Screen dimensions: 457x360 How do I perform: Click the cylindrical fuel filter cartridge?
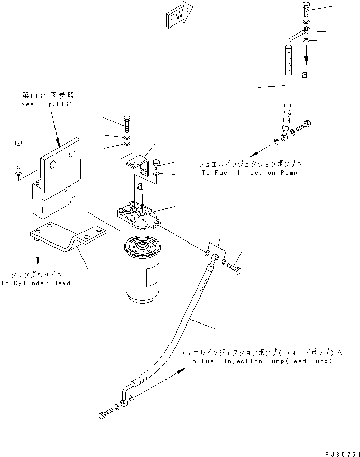point(142,273)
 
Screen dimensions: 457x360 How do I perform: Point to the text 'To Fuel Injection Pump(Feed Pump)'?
point(260,361)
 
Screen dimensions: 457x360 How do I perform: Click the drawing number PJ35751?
point(342,452)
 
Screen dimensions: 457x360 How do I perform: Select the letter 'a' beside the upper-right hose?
point(304,75)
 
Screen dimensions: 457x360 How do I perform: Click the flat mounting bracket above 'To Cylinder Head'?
point(68,236)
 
